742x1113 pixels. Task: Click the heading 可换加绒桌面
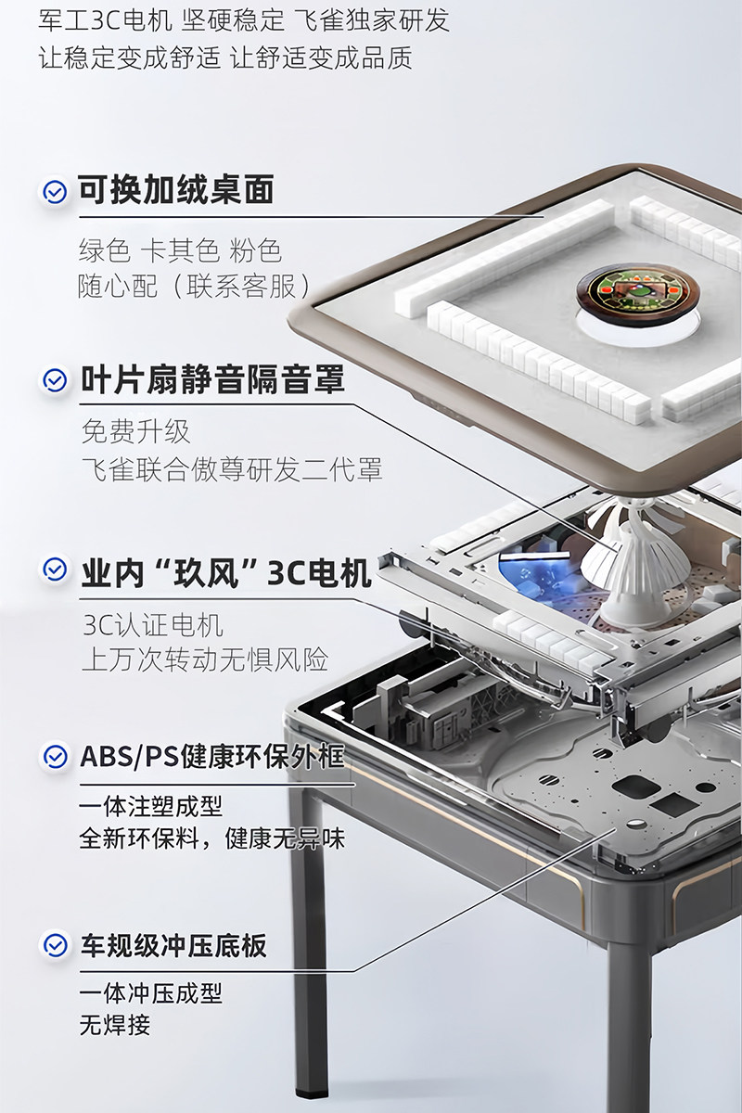pyautogui.click(x=175, y=191)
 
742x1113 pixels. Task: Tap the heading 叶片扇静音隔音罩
pyautogui.click(x=212, y=380)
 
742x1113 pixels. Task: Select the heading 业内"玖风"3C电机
pyautogui.click(x=225, y=571)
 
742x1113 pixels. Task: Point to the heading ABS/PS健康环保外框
pyautogui.click(x=211, y=757)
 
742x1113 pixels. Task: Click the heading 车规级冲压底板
pyautogui.click(x=173, y=945)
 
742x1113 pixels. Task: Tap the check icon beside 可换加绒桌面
pyautogui.click(x=56, y=192)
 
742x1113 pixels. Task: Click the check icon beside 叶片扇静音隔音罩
pyautogui.click(x=56, y=380)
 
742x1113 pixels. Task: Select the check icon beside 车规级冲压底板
pyautogui.click(x=56, y=945)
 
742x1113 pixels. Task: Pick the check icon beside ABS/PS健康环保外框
pyautogui.click(x=56, y=757)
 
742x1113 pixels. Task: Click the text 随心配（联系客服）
pyautogui.click(x=195, y=286)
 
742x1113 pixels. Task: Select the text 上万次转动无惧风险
pyautogui.click(x=205, y=659)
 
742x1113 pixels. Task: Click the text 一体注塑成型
pyautogui.click(x=151, y=805)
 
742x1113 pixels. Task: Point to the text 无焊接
pyautogui.click(x=115, y=1026)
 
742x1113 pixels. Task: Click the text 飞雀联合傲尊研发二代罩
pyautogui.click(x=231, y=469)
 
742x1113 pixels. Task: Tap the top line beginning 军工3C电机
pyautogui.click(x=244, y=19)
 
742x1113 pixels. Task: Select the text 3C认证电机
pyautogui.click(x=152, y=624)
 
